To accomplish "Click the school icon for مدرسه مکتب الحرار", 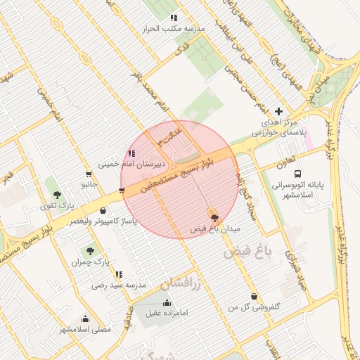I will [x=174, y=18].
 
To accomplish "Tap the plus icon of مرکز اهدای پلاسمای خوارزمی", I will [x=279, y=111].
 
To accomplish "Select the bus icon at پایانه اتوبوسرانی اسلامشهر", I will [x=297, y=174].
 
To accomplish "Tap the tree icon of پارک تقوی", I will [x=57, y=195].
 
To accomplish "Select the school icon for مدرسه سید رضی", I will [x=119, y=274].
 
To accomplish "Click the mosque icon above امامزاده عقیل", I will [x=167, y=303].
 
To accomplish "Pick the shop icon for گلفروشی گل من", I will [x=254, y=296].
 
